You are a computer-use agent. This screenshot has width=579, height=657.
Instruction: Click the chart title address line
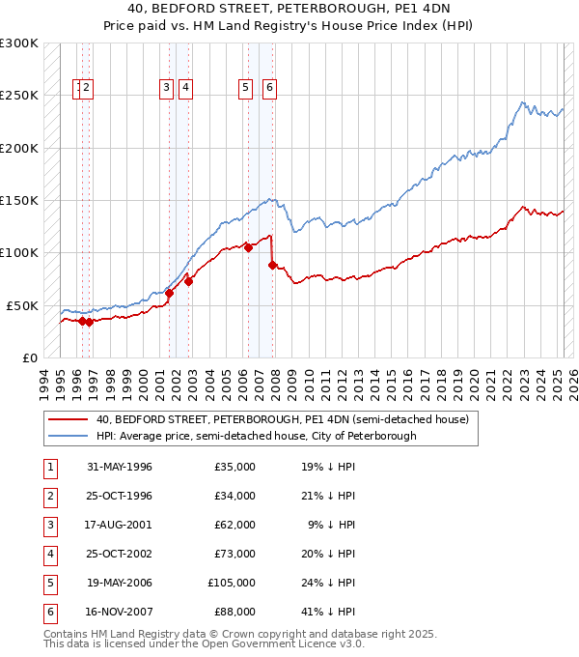point(289,10)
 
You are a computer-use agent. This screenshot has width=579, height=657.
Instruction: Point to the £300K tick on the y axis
point(18,43)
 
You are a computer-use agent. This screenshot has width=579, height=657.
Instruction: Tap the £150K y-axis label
point(18,201)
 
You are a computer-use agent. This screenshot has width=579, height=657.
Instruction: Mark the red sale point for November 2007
point(273,265)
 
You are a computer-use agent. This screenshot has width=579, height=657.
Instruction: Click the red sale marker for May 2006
point(248,247)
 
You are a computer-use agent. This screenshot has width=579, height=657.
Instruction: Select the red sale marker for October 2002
point(189,281)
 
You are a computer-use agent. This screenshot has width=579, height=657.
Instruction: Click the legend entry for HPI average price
point(256,436)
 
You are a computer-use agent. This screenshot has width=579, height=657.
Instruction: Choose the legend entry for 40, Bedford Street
point(282,419)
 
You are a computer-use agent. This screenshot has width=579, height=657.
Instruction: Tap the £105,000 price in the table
point(232,583)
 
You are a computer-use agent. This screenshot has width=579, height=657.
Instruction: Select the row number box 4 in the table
point(50,554)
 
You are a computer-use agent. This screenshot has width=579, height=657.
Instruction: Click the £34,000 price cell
point(234,496)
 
